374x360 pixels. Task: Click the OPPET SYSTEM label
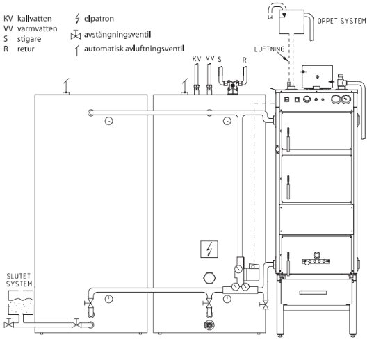(x=341, y=22)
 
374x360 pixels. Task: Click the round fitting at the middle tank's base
(x=206, y=324)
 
